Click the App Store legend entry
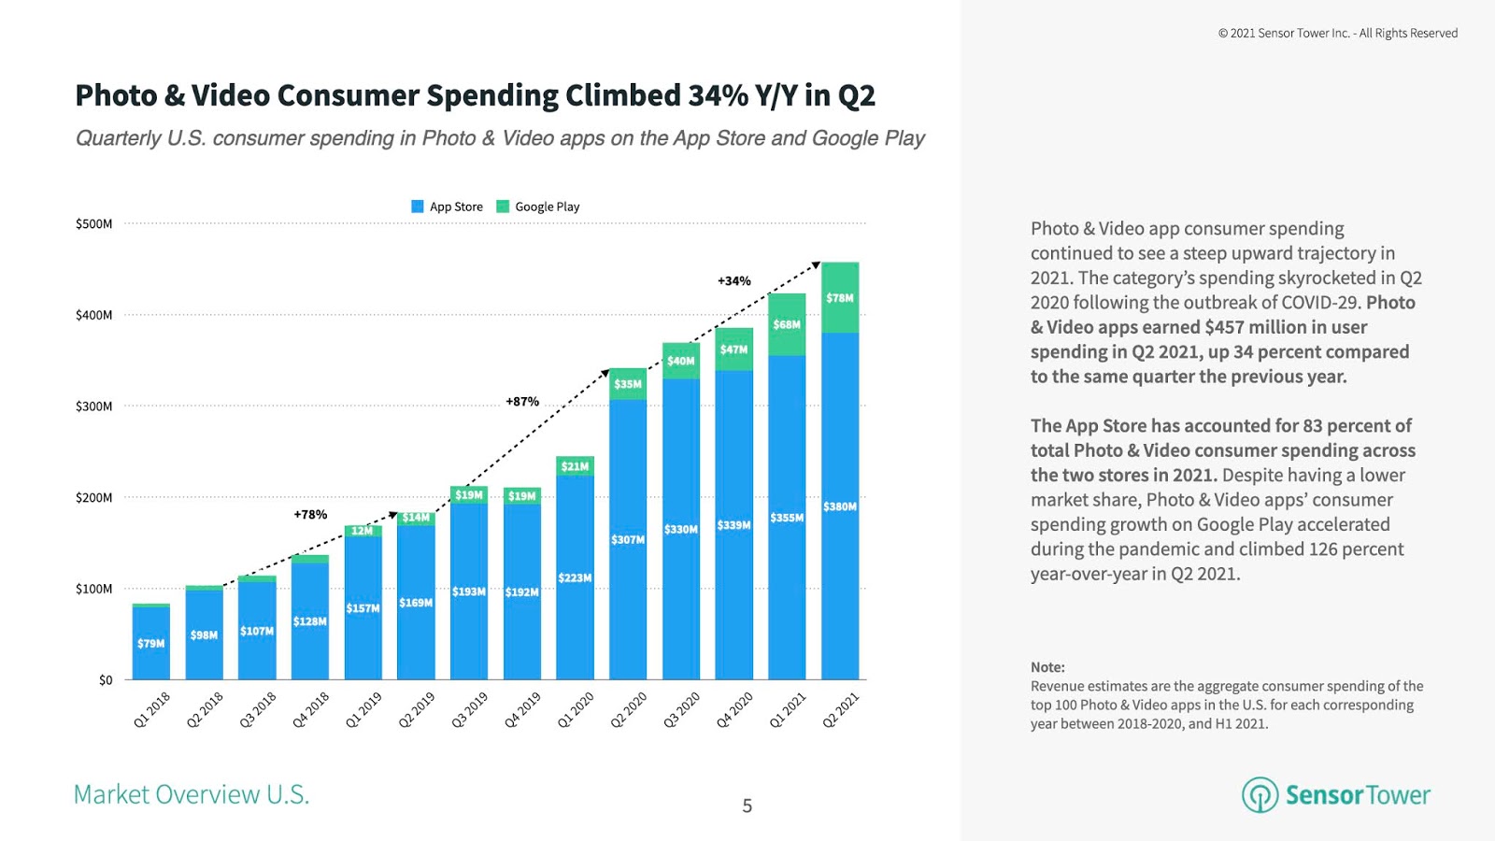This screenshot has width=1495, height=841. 448,207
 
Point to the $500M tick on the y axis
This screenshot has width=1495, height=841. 93,224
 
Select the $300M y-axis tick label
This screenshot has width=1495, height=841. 93,406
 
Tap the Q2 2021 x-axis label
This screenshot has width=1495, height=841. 840,710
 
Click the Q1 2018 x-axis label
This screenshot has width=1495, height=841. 152,710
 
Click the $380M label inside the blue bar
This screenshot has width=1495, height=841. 839,506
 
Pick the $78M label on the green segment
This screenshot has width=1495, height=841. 839,298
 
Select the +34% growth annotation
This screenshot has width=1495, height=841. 733,281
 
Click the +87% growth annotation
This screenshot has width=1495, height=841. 522,402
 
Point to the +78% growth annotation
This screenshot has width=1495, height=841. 310,515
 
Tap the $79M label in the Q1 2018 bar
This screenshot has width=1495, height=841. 150,644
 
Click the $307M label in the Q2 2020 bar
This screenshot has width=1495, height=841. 627,540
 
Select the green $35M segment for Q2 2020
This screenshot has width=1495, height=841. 628,384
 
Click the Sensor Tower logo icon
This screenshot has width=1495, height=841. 1260,795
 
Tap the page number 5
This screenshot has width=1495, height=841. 747,805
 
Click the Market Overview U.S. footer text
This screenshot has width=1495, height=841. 192,794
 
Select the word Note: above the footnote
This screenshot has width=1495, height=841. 1047,667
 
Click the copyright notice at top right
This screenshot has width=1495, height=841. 1337,34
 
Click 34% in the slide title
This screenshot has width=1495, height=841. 718,95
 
